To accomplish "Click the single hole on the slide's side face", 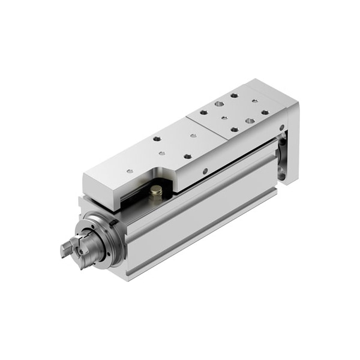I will click(205, 172).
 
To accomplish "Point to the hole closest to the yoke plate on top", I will click(265, 112).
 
